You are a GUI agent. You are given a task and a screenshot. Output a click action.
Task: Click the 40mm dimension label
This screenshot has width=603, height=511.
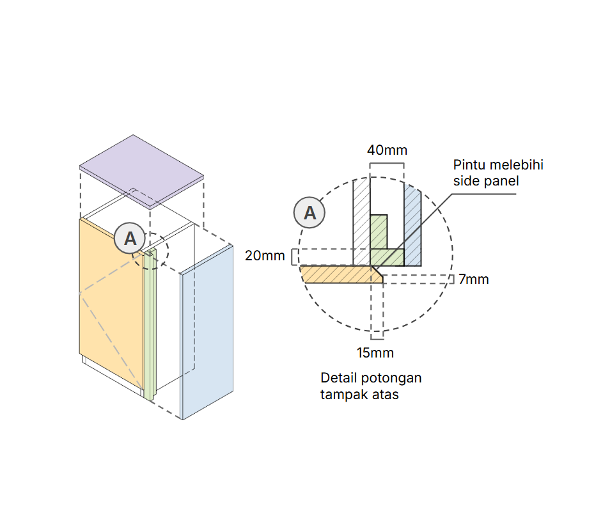pyautogui.click(x=387, y=150)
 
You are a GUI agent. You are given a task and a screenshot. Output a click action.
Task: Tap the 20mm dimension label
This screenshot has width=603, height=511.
pyautogui.click(x=265, y=256)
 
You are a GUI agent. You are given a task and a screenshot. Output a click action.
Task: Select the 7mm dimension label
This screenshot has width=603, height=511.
pyautogui.click(x=473, y=279)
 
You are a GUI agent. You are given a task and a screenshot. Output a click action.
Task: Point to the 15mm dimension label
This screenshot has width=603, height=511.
pyautogui.click(x=375, y=353)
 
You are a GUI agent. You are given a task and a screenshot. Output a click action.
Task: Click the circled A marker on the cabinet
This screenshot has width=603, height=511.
pyautogui.click(x=130, y=239)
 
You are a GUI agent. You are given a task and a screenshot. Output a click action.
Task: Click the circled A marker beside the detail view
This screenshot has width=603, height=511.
pyautogui.click(x=309, y=212)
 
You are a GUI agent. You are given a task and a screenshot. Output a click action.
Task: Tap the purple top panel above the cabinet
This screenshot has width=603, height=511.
pyautogui.click(x=141, y=172)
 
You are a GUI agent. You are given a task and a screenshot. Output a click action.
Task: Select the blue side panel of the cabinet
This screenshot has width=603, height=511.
pyautogui.click(x=207, y=333)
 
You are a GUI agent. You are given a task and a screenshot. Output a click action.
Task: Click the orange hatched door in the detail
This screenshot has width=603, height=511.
pyautogui.click(x=341, y=274)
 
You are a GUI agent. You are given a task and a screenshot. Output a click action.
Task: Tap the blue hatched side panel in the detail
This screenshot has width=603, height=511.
pyautogui.click(x=412, y=226)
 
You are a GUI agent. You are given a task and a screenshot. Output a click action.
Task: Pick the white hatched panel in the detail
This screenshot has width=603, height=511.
pyautogui.click(x=362, y=222)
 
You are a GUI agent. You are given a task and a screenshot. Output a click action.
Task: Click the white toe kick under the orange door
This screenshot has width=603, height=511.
pyautogui.click(x=112, y=377)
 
